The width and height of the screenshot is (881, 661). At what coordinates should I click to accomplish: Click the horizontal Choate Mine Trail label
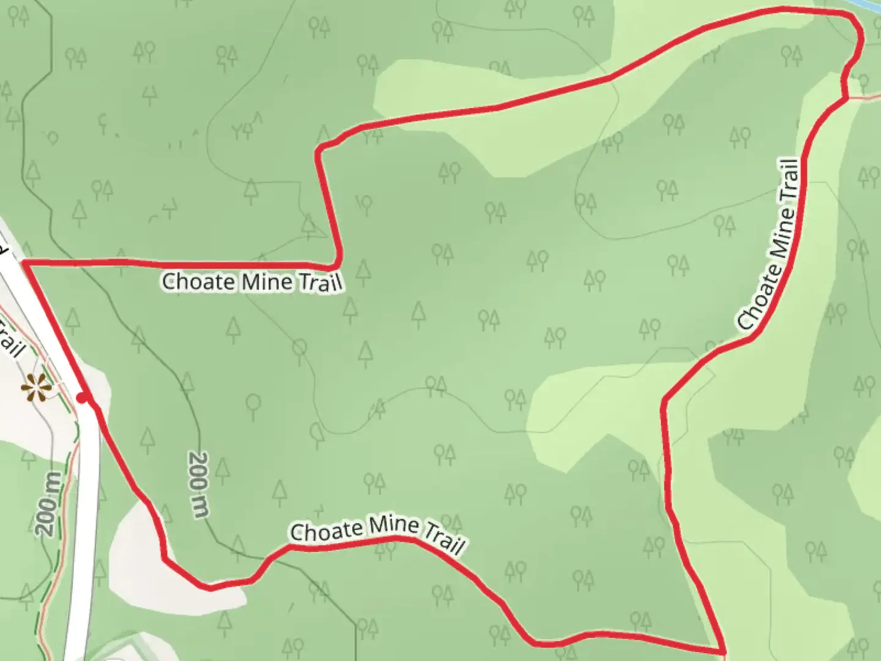tap(251, 282)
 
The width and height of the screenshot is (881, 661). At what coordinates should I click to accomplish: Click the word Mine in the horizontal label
tap(267, 282)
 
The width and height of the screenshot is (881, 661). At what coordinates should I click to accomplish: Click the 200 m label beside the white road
tap(49, 504)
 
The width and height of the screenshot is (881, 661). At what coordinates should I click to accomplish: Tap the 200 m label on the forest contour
tap(199, 485)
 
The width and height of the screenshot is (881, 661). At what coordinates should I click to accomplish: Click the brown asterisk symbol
tap(35, 388)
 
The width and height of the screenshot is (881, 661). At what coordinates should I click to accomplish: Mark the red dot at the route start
tap(82, 399)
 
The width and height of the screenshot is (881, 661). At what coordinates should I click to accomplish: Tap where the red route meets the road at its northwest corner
tap(24, 263)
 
